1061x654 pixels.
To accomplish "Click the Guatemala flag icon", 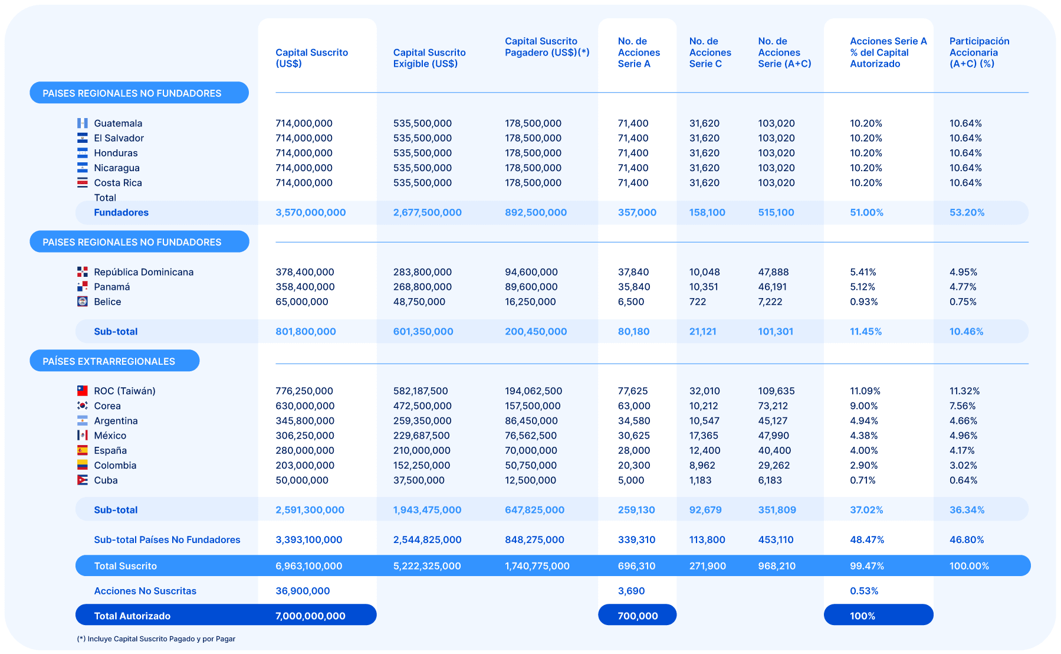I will pos(82,123).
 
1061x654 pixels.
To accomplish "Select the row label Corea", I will pos(107,406).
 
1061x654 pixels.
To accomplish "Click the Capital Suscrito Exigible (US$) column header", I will pos(429,58).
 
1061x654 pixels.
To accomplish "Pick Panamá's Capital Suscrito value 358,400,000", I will pos(305,287).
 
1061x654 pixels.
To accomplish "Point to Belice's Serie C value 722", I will pos(698,302).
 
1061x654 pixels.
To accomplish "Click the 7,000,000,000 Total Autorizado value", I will pos(310,616).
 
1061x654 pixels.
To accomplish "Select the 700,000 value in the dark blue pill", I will pos(638,616).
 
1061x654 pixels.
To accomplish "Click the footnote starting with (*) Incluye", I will pos(156,639).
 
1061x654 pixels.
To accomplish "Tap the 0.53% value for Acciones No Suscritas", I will pos(864,591).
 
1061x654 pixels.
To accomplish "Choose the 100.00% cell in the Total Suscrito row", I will pos(969,565).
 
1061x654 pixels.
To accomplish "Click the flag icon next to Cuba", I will pos(82,480).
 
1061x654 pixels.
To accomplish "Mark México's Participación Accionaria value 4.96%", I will pos(963,436).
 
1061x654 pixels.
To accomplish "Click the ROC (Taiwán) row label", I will pos(124,391).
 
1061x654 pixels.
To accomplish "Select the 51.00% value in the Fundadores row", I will pos(866,212).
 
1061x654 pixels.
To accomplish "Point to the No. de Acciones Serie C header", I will pos(710,53).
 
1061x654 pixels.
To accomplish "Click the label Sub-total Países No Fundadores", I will pos(167,539).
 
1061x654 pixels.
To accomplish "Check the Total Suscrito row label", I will pos(125,565).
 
